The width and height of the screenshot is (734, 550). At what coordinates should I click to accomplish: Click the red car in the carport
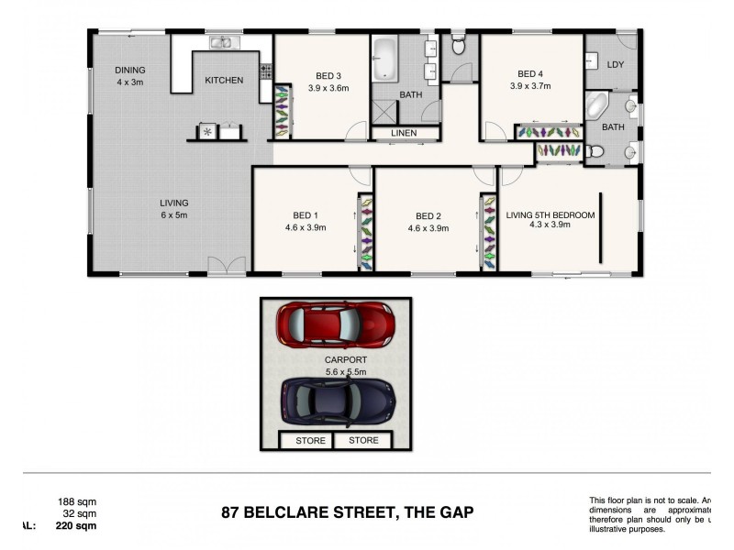(336, 324)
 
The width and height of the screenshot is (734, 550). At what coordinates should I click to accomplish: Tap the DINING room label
(129, 70)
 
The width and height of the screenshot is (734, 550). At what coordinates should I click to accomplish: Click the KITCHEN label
(224, 81)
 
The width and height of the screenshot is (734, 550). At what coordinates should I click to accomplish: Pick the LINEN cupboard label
(404, 134)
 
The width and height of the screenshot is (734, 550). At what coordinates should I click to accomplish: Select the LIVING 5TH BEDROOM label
(550, 216)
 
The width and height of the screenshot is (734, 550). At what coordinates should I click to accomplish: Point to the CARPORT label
(346, 361)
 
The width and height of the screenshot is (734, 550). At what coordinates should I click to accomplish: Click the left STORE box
(306, 441)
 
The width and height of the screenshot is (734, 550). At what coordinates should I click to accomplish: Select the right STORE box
(363, 441)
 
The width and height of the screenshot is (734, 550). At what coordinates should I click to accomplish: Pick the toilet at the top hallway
(459, 43)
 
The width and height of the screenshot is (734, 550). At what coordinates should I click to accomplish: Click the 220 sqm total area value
(76, 526)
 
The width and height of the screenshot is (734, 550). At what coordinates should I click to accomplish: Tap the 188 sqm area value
(77, 502)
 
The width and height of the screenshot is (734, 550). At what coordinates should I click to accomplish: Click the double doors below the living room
(226, 267)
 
